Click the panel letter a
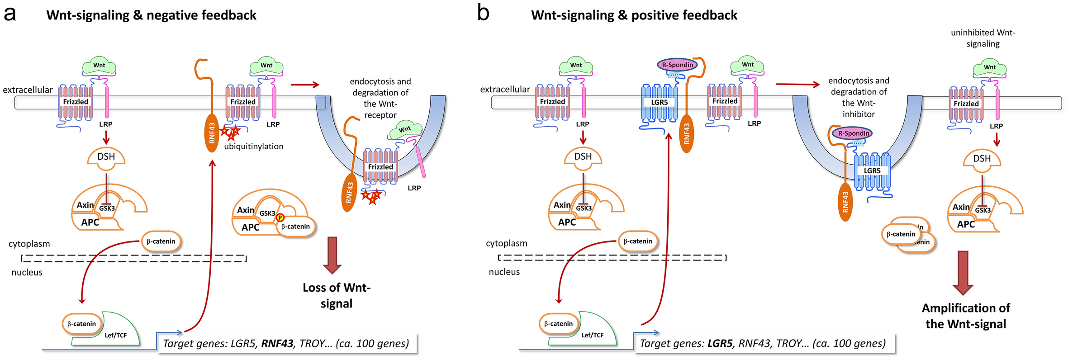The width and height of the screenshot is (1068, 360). tap(10, 14)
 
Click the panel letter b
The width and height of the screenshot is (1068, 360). tap(483, 13)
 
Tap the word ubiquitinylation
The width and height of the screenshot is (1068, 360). tap(254, 147)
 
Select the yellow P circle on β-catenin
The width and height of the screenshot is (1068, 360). tap(280, 218)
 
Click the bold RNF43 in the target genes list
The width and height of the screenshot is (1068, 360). tap(277, 344)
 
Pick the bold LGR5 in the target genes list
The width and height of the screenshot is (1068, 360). tap(720, 344)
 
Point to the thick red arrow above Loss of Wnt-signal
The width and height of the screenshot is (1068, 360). tap(332, 255)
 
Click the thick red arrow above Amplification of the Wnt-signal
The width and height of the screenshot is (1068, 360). tap(963, 273)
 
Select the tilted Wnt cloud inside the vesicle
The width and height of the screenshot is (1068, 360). tap(404, 130)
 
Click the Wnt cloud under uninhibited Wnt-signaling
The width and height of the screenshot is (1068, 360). tap(990, 68)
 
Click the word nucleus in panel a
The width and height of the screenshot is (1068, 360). tap(27, 272)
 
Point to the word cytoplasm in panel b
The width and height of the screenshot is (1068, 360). tap(506, 243)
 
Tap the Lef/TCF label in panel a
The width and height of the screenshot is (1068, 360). tap(116, 335)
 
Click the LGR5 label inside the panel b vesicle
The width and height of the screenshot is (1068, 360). tap(872, 171)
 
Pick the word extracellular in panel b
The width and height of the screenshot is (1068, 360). tap(505, 90)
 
